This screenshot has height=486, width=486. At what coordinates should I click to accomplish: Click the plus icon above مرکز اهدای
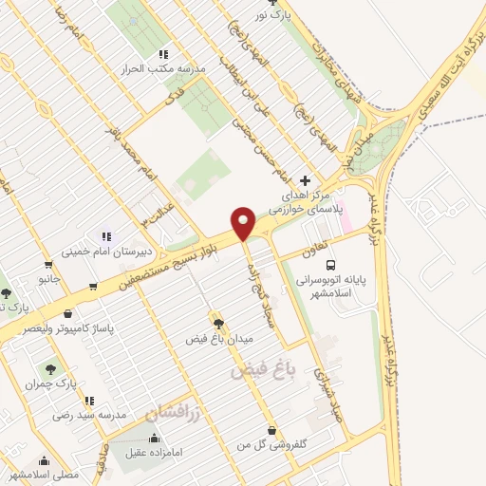click(x=304, y=180)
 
